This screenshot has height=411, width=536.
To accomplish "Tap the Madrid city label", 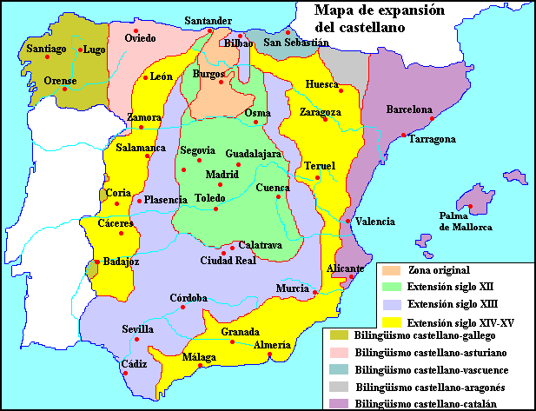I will (222, 174).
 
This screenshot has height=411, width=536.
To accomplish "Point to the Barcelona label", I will (409, 110).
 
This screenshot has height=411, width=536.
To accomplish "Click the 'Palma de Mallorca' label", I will (465, 221).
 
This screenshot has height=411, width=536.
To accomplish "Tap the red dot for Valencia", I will (348, 221).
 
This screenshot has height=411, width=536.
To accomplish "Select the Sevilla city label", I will (138, 328).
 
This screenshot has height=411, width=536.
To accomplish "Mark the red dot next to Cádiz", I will (126, 373).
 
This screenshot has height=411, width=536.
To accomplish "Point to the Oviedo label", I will (141, 38).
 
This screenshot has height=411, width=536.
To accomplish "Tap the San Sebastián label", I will (297, 43).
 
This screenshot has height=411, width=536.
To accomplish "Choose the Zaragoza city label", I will (321, 113).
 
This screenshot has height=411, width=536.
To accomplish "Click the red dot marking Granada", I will (232, 342).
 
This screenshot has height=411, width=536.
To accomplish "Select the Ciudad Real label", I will (228, 260).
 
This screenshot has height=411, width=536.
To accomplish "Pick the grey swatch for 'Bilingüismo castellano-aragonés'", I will (337, 386).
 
